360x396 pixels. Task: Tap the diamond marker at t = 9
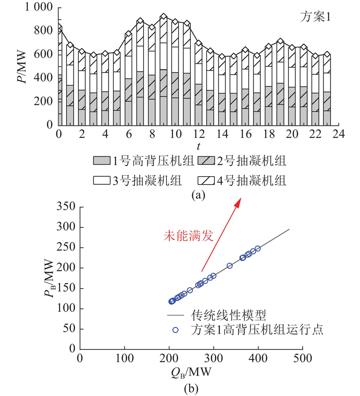(x=163, y=17)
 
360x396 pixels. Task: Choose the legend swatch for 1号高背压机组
(x=101, y=160)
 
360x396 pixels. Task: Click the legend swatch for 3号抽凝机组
(x=101, y=181)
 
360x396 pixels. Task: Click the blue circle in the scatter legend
(x=175, y=330)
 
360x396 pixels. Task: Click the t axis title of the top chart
(x=198, y=146)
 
